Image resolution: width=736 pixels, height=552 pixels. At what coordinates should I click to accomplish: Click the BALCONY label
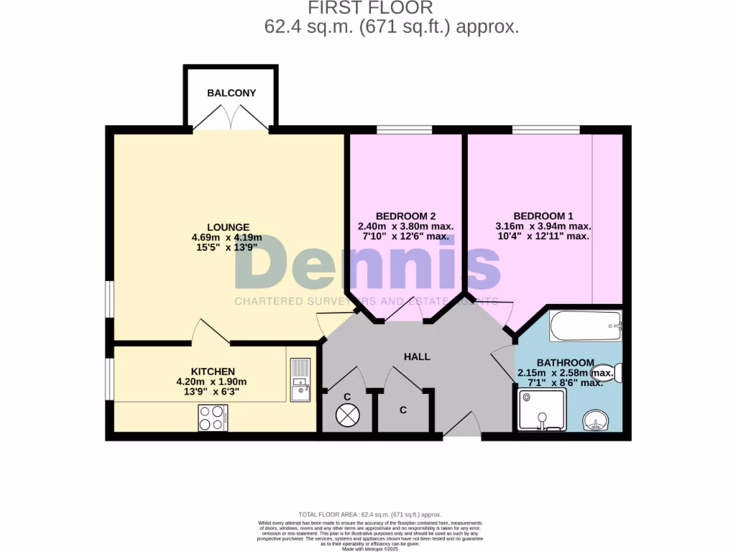click(231, 93)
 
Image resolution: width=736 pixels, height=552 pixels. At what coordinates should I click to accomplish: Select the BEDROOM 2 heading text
click(405, 216)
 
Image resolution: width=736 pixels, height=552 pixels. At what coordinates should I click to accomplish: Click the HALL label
click(417, 356)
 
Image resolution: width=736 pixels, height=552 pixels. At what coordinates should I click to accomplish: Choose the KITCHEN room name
click(213, 371)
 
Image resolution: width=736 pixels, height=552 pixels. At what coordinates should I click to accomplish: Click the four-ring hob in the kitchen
click(213, 418)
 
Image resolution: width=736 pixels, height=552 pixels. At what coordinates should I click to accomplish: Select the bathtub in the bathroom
click(584, 326)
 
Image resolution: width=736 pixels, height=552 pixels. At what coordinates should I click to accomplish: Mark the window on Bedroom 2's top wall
click(404, 130)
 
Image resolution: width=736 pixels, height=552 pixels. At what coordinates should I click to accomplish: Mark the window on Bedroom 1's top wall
click(546, 130)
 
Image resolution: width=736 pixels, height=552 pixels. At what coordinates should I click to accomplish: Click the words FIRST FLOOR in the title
click(371, 9)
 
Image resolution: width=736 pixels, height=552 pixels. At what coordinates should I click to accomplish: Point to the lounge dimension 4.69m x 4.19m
click(226, 238)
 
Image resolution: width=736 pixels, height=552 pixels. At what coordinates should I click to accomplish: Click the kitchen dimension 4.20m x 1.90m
click(211, 382)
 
